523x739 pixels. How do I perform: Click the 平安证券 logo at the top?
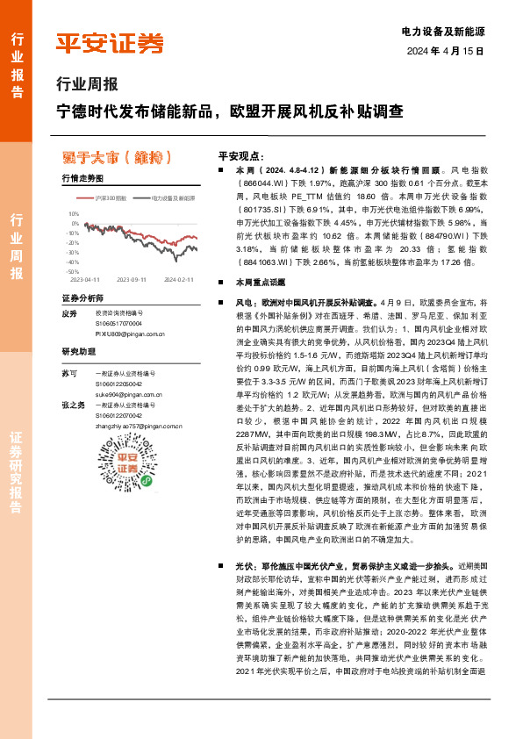click(110, 44)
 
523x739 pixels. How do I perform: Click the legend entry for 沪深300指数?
click(110, 199)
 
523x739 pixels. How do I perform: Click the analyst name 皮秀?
click(70, 313)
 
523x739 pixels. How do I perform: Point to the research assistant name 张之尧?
click(74, 405)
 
